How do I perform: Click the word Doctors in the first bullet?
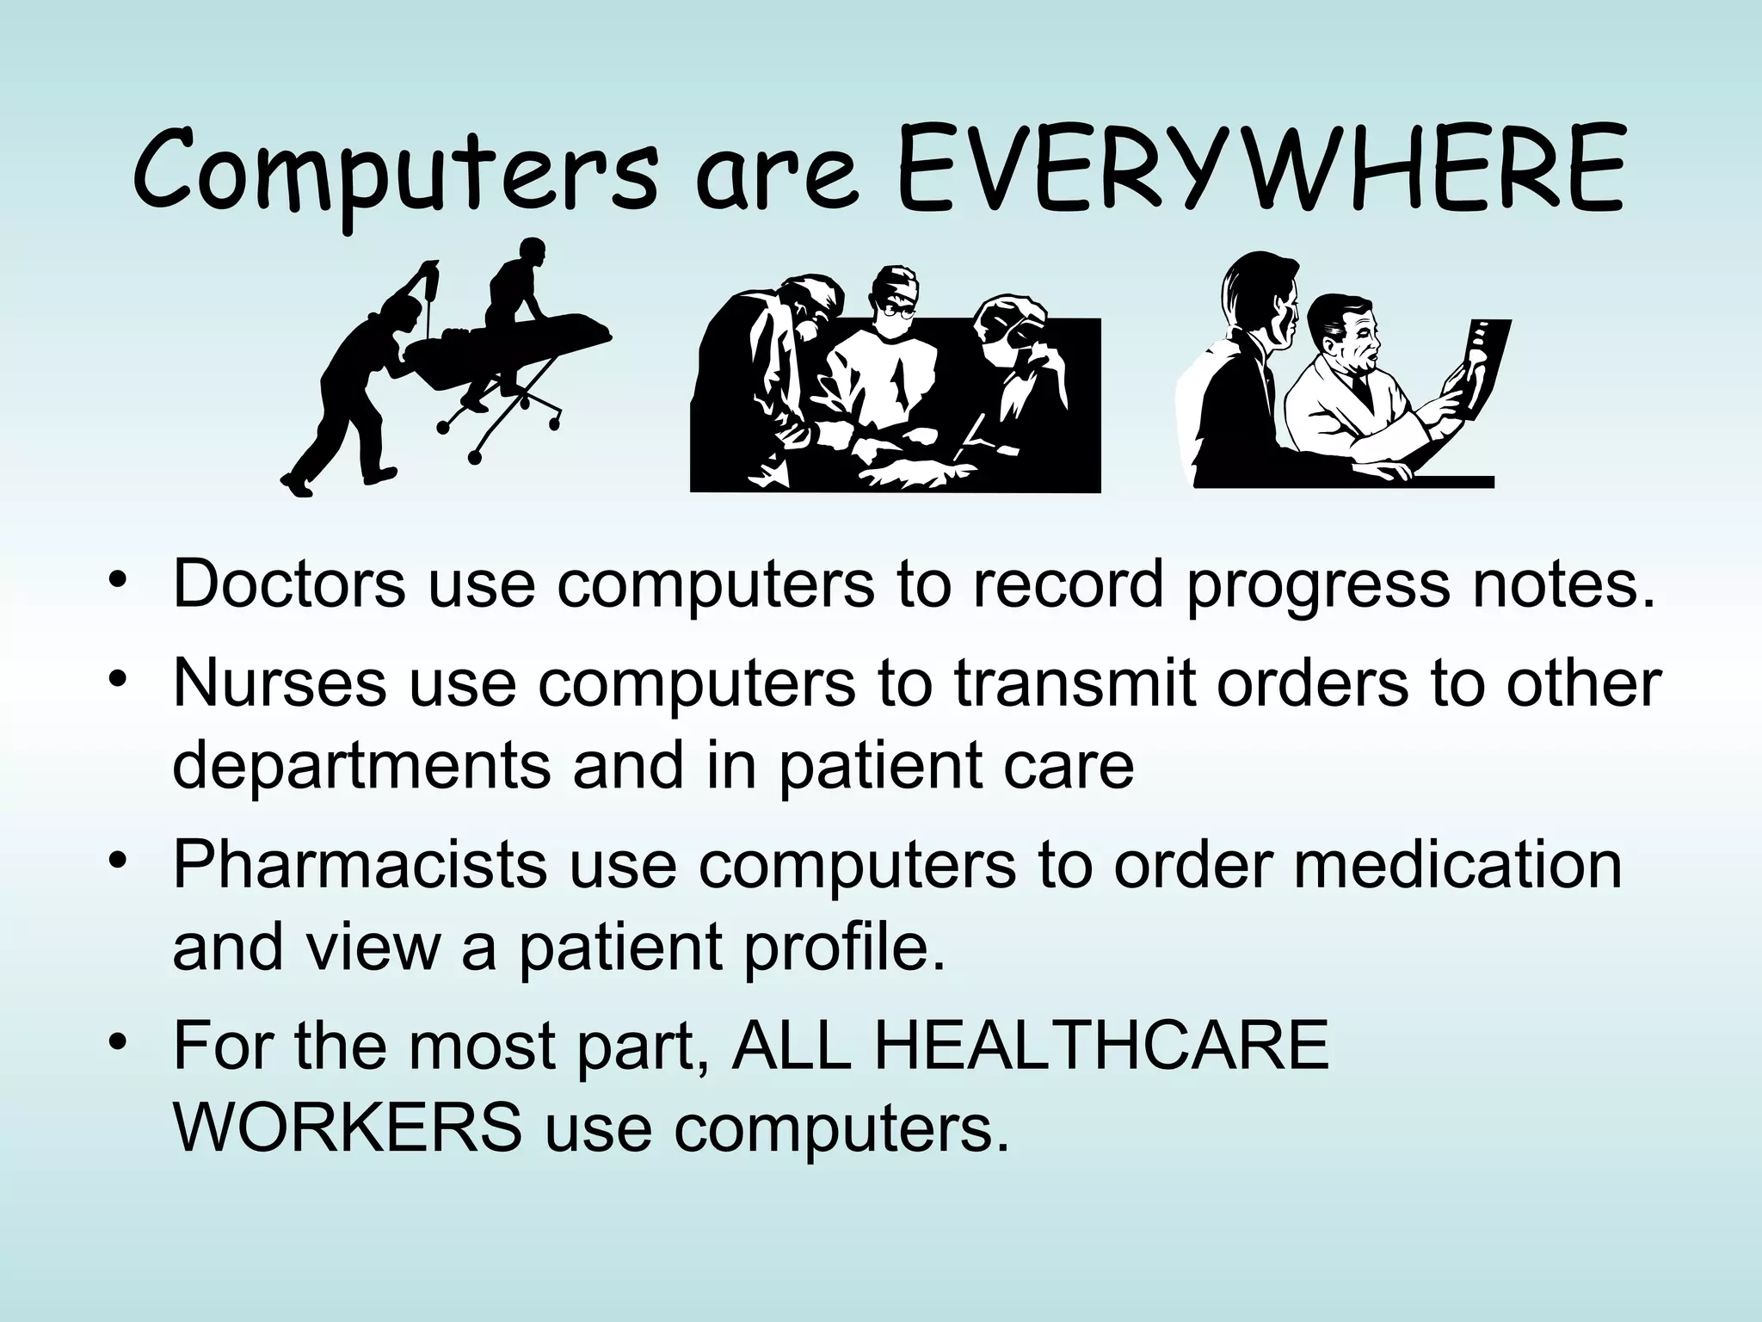[289, 584]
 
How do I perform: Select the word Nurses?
[279, 682]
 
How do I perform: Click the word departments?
[361, 765]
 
